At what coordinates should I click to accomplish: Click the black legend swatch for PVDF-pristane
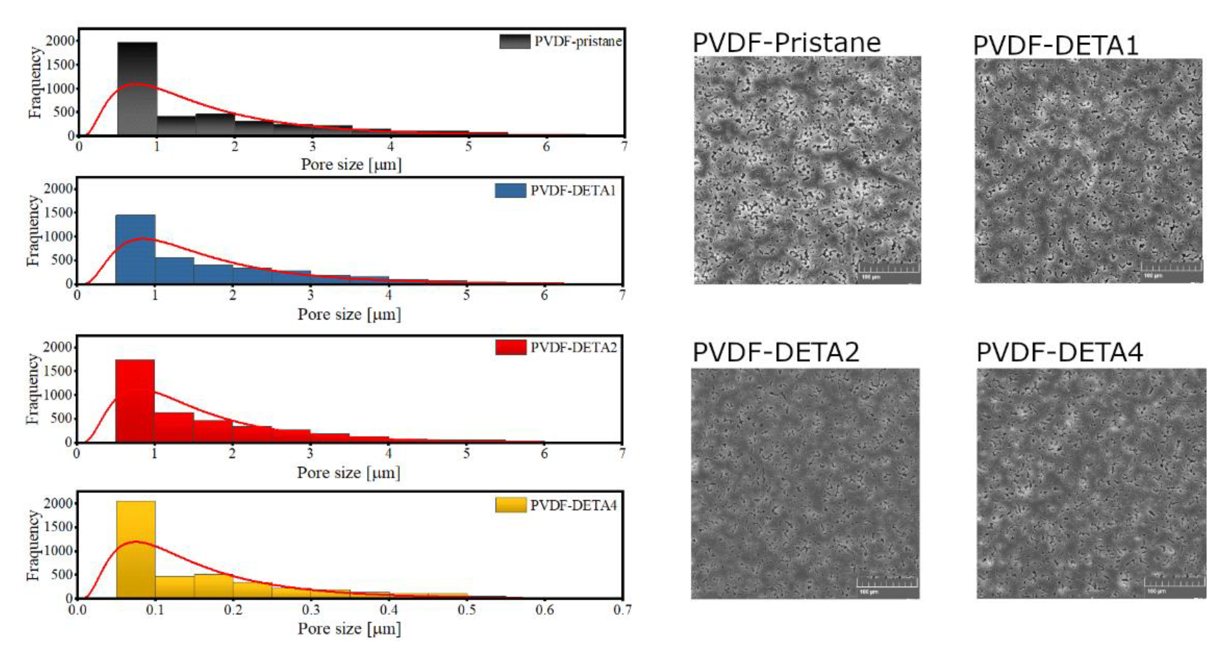(514, 41)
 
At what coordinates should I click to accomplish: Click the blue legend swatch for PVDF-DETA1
(510, 191)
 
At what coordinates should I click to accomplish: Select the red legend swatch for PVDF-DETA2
(510, 347)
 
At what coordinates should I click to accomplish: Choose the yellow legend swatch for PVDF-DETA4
(510, 505)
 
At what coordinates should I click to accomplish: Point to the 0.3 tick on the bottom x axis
(310, 610)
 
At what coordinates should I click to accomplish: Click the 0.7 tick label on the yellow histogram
(622, 610)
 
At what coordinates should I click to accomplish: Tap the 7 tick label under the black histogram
(624, 146)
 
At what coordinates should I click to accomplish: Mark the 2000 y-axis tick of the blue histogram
(58, 189)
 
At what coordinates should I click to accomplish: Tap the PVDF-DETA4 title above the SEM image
(1059, 352)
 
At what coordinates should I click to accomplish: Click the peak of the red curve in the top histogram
(136, 84)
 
